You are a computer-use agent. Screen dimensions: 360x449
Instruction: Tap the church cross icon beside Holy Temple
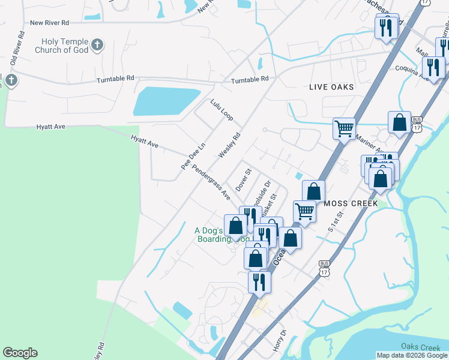pos(97,44)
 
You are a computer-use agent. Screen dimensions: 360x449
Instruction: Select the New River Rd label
pos(49,23)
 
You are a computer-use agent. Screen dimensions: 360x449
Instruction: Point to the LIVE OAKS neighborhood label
pos(331,87)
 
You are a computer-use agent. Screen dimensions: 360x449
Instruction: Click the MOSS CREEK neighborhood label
pos(351,203)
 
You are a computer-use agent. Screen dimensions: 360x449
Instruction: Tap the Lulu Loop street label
pos(221,110)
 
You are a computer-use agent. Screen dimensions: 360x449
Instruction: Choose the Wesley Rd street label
pos(229,145)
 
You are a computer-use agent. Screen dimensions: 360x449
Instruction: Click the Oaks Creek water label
pos(421,347)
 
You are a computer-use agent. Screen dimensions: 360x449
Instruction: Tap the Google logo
pos(20,353)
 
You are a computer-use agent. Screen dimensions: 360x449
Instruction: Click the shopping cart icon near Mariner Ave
pos(345,127)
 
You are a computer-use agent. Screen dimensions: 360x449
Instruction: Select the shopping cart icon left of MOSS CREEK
pos(305,211)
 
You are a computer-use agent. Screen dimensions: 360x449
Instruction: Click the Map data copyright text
pos(412,355)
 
